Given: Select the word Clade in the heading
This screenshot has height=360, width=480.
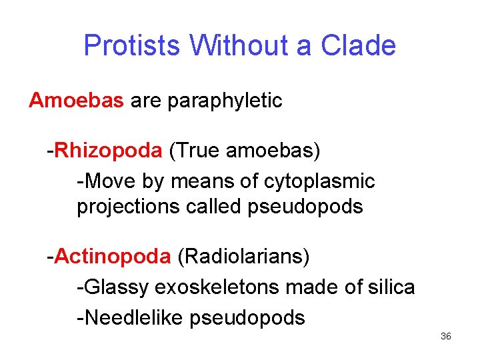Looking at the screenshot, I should pyautogui.click(x=358, y=46).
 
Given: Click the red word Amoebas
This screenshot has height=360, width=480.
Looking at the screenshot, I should pyautogui.click(x=77, y=101).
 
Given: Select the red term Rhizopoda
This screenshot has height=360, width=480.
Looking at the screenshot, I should pyautogui.click(x=108, y=151).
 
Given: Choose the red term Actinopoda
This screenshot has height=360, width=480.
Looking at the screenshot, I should pyautogui.click(x=113, y=257).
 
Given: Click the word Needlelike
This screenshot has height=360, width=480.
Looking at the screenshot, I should pyautogui.click(x=133, y=317).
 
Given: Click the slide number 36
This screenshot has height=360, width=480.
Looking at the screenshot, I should pyautogui.click(x=446, y=337).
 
